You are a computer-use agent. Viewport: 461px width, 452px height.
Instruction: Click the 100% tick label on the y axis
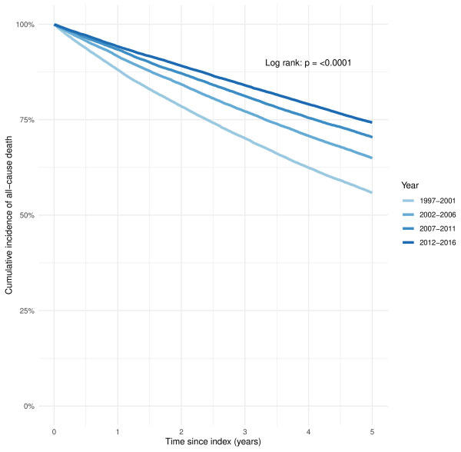pyautogui.click(x=25, y=25)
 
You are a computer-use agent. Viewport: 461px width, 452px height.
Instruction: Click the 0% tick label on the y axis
pyautogui.click(x=29, y=406)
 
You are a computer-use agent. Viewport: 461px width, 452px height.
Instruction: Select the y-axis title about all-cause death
pyautogui.click(x=9, y=215)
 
